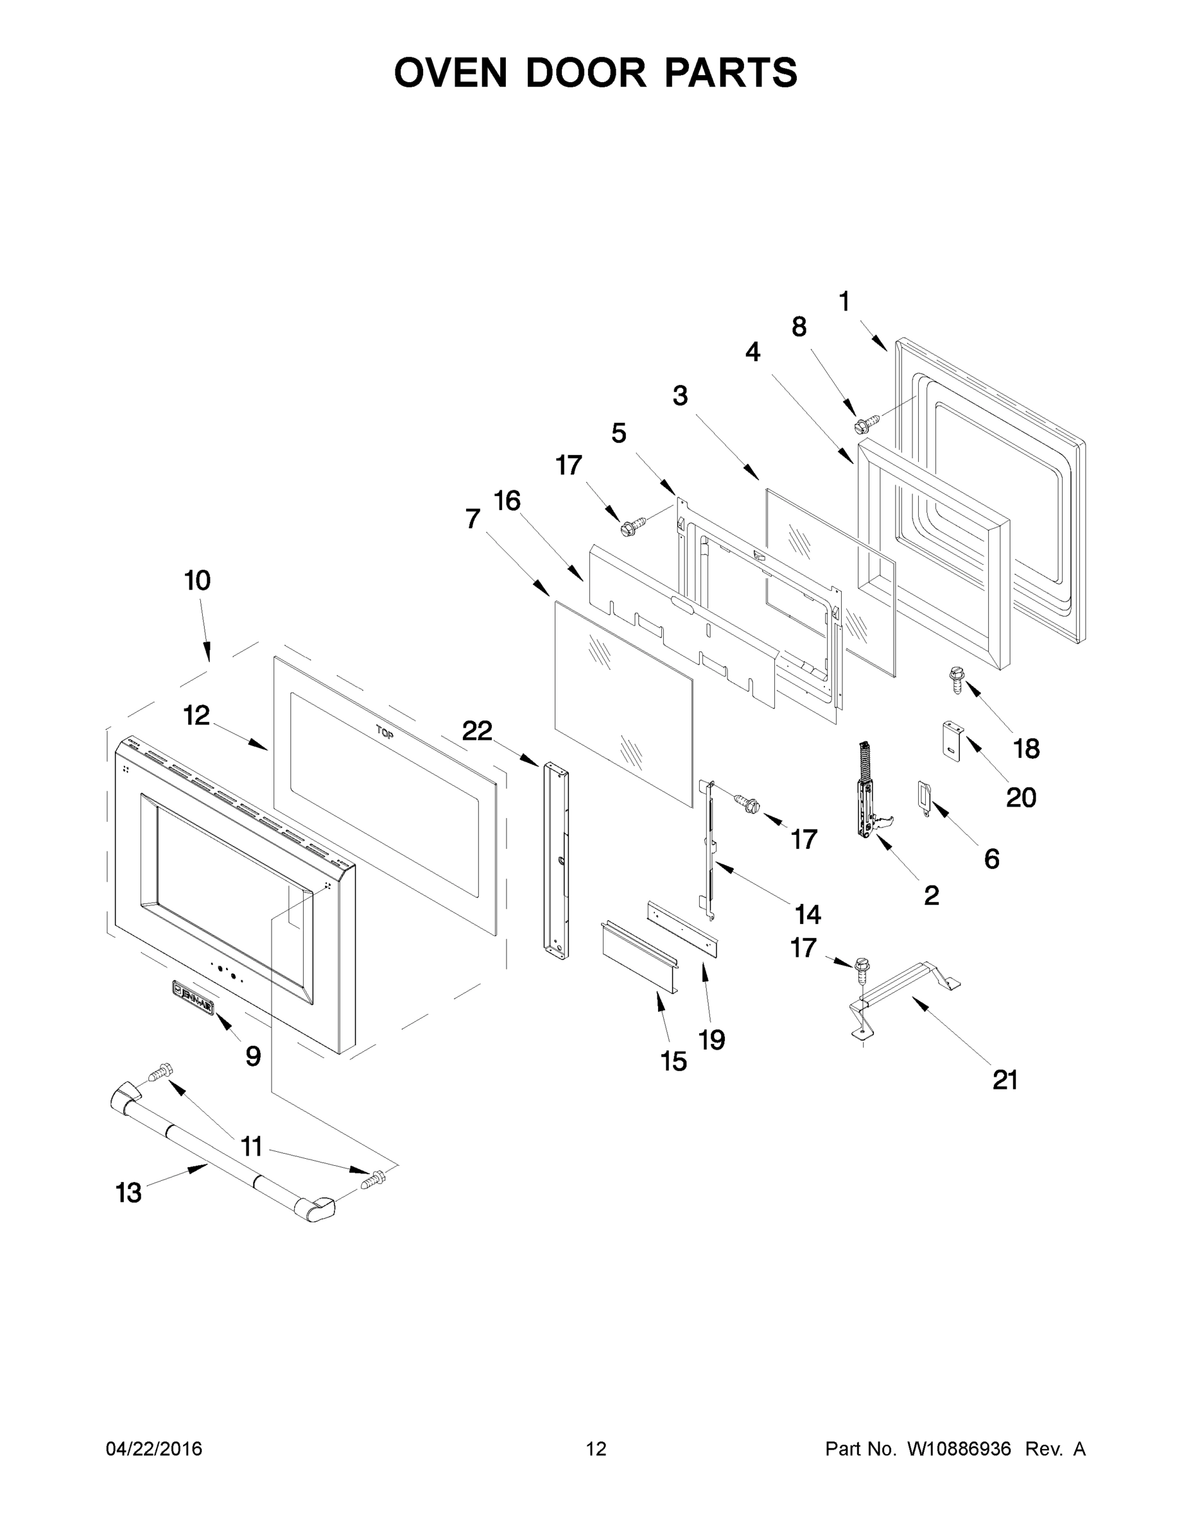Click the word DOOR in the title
click(585, 73)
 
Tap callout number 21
click(1005, 1079)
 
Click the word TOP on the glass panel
click(385, 733)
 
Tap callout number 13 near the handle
click(128, 1193)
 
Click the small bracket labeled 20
click(953, 740)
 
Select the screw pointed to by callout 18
click(957, 680)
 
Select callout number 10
click(198, 581)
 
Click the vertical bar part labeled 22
click(557, 860)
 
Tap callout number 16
click(507, 501)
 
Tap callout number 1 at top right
click(844, 302)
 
